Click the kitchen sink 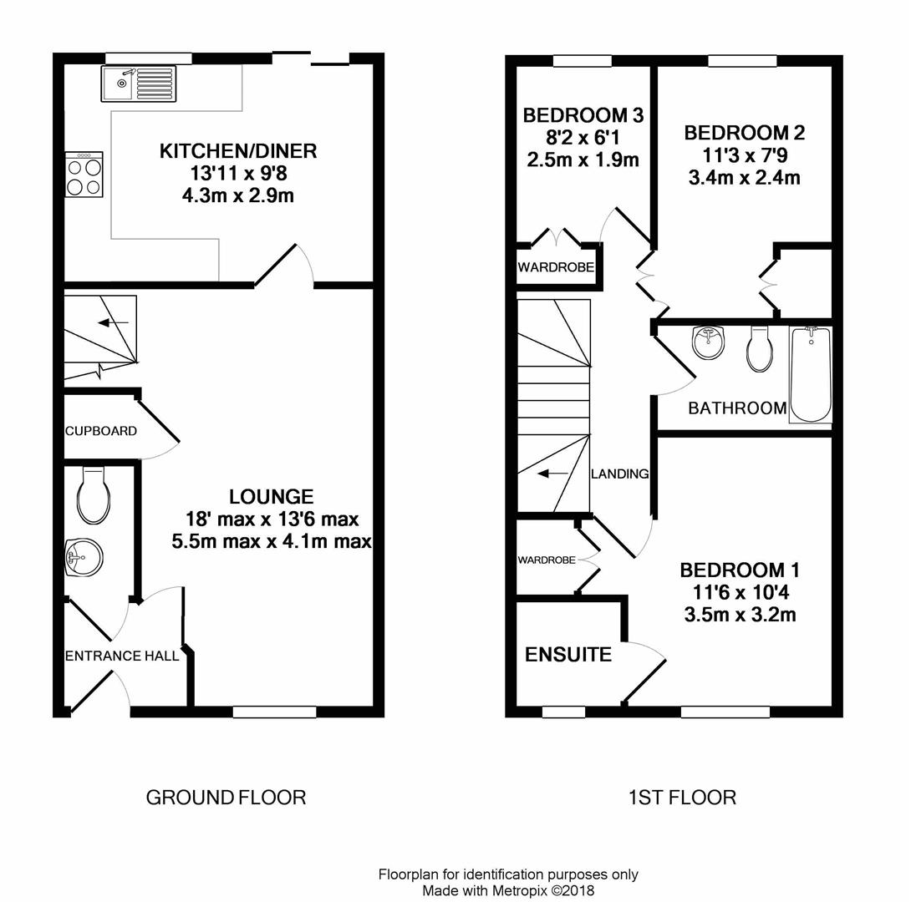tap(139, 84)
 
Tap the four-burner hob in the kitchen tap(84, 175)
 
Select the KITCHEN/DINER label tap(238, 151)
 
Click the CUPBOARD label tap(101, 431)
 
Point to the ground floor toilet tap(94, 495)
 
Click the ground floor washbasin tap(84, 557)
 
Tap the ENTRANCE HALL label tap(122, 656)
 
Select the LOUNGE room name tap(272, 497)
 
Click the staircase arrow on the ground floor tap(114, 322)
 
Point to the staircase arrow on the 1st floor tap(553, 474)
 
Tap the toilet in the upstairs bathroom tap(760, 348)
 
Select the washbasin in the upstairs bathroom tap(709, 342)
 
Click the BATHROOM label tap(737, 408)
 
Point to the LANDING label tap(620, 474)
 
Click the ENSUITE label tap(568, 655)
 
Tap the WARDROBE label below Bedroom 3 tap(556, 267)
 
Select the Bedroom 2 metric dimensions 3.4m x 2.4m tap(744, 178)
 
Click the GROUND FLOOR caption tap(226, 798)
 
